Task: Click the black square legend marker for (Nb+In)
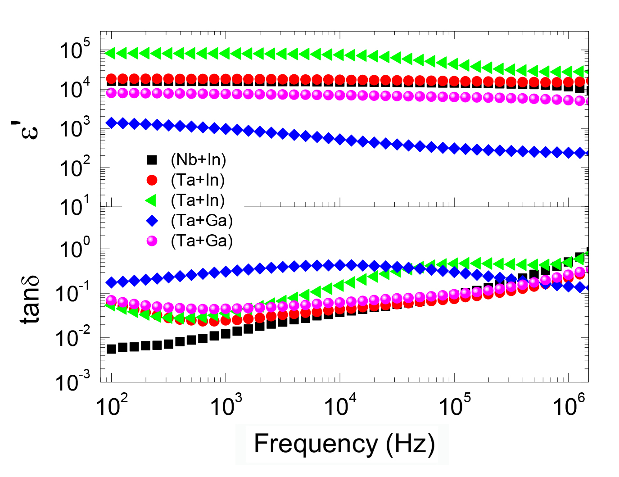pos(152,160)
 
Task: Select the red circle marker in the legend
pos(152,180)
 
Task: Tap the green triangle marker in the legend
pos(151,200)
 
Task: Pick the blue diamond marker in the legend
pos(152,221)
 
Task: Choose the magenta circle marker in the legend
pos(152,241)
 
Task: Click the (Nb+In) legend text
pos(198,160)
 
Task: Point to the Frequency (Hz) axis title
pos(344,444)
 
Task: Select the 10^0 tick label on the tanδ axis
pos(75,248)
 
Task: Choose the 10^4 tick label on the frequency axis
pos(340,405)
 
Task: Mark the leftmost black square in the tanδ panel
pos(111,348)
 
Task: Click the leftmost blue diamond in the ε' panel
pos(111,123)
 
